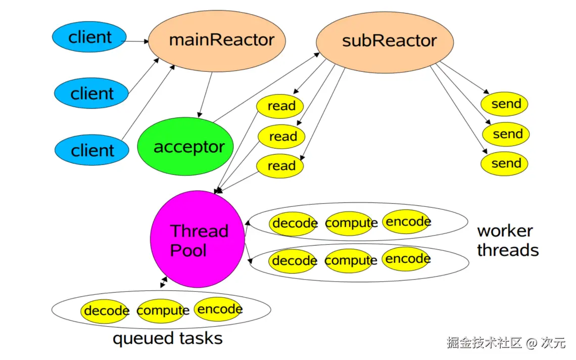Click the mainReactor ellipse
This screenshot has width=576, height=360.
click(x=217, y=41)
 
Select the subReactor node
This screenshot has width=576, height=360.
click(x=385, y=42)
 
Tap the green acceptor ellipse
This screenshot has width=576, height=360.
click(x=185, y=146)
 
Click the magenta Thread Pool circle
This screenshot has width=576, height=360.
click(x=198, y=239)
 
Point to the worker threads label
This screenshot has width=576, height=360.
click(x=508, y=241)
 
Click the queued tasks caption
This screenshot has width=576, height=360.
click(x=168, y=338)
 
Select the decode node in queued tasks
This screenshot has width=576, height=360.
click(x=105, y=311)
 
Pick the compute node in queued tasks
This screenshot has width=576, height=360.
click(x=162, y=311)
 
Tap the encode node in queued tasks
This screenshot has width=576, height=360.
click(x=219, y=309)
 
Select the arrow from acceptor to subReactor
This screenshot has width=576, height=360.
click(x=266, y=87)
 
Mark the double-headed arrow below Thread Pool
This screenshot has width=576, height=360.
click(x=164, y=283)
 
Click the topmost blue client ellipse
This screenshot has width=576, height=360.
click(x=89, y=37)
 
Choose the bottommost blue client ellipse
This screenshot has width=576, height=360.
click(x=92, y=150)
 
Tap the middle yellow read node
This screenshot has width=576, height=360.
click(x=282, y=137)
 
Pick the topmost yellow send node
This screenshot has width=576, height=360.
click(x=504, y=104)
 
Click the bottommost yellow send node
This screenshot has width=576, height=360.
click(x=504, y=163)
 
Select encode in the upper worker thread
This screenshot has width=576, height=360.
click(x=407, y=222)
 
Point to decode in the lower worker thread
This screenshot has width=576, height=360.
click(x=294, y=261)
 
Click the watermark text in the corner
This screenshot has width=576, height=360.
click(x=506, y=343)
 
